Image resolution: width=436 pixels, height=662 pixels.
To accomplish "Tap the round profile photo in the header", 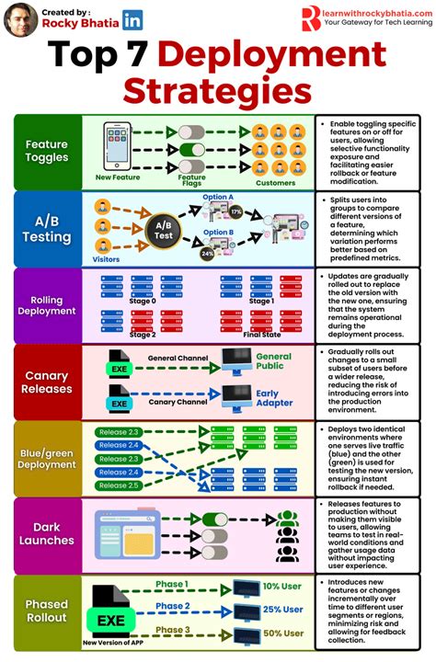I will pos(20,18).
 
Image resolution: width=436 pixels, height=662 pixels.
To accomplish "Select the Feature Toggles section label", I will pos(47,152).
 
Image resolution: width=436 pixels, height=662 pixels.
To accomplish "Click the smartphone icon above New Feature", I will pos(116,144).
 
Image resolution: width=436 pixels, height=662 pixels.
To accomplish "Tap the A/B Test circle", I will pos(163,230).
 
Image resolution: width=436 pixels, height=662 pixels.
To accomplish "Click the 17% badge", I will pos(236,212).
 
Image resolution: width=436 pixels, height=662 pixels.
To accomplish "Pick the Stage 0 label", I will pos(143,301).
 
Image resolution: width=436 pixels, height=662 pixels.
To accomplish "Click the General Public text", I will pos(274,362).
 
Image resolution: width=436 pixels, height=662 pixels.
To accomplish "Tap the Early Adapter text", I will pos(274,399).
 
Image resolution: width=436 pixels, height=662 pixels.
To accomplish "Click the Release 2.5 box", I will pos(119,485).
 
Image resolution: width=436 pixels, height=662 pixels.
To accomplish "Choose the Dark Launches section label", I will pos(47,534).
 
